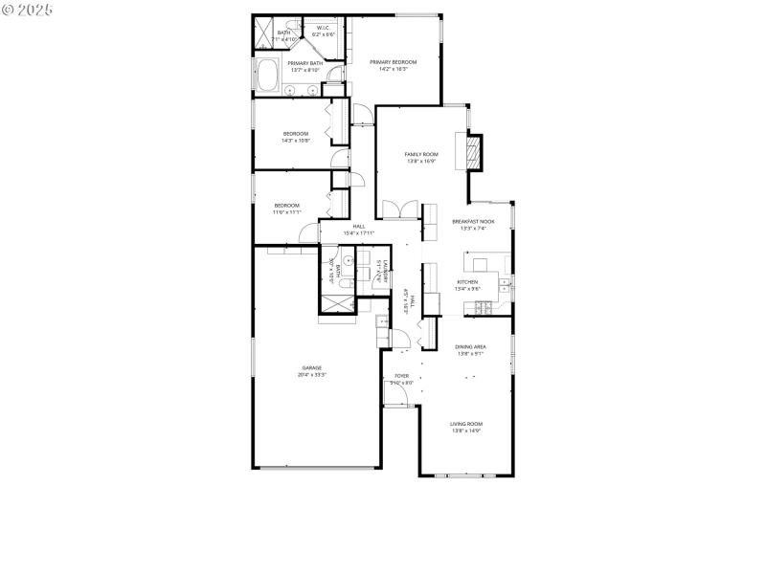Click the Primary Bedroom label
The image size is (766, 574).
394,62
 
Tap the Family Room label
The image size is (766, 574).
421,154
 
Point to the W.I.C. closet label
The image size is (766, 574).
324,28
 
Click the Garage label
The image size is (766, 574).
312,367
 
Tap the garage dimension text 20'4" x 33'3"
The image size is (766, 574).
312,375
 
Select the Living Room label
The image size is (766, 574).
467,424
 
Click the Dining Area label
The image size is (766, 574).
469,346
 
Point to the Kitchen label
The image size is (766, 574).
467,281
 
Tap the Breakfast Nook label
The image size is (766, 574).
472,222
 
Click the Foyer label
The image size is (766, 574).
402,376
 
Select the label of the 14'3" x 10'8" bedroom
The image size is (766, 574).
296,133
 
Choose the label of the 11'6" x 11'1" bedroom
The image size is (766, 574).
287,205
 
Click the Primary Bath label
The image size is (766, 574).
305,63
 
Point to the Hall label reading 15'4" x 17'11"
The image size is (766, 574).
359,227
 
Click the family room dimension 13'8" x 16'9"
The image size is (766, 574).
421,161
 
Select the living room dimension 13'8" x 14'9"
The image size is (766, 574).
467,431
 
